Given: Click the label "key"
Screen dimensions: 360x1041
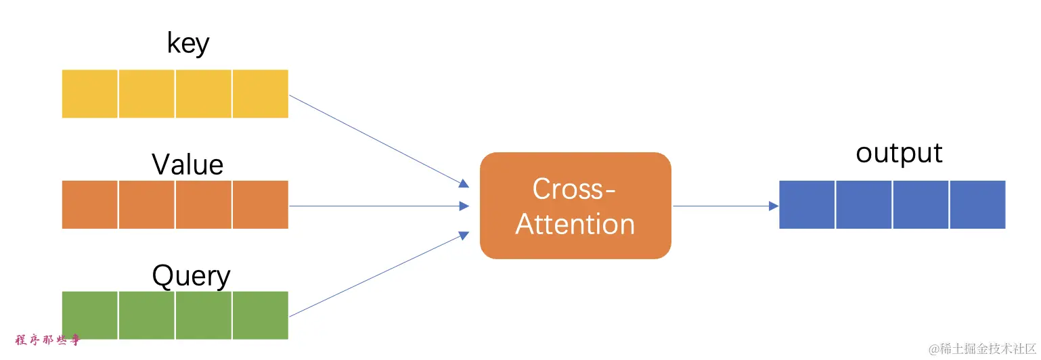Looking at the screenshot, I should click(x=188, y=44).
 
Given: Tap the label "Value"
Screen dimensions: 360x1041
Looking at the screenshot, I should click(x=187, y=164).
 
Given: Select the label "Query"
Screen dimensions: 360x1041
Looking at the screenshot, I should click(x=191, y=276).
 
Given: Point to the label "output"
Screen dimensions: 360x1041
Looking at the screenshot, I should click(x=899, y=153).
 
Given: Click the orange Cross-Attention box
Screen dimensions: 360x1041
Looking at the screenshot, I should click(x=575, y=206).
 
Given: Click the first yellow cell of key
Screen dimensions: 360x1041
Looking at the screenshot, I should click(x=90, y=93).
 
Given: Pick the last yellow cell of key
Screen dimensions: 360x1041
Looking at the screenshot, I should click(x=261, y=93).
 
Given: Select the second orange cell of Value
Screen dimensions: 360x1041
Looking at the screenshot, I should click(x=147, y=204).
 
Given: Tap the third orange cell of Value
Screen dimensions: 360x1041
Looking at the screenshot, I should click(x=204, y=204).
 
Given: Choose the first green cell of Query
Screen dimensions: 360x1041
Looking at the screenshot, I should click(x=90, y=315).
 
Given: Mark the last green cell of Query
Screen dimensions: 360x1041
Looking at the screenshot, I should click(x=261, y=315).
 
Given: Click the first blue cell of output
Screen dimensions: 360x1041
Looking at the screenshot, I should click(x=807, y=204).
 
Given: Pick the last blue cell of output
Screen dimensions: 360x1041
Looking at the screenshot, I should click(x=977, y=204).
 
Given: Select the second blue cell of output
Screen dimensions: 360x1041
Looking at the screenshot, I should click(x=864, y=204).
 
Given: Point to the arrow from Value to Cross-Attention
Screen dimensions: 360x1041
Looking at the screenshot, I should click(x=379, y=206).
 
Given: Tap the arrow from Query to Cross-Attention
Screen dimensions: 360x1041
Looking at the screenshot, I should click(x=379, y=274).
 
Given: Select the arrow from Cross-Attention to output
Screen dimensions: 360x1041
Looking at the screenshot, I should click(x=724, y=206).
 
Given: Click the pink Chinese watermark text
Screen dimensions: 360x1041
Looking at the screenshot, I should click(x=47, y=340).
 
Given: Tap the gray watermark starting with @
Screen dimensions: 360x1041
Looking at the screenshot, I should click(x=983, y=349).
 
